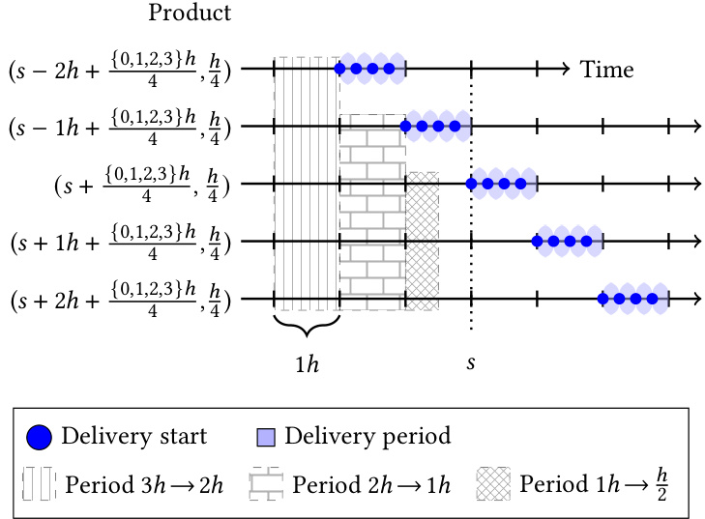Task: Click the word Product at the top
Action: coord(190,14)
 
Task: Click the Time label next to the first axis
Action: coord(606,70)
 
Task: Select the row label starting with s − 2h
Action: coord(119,70)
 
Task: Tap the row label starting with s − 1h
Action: coord(119,127)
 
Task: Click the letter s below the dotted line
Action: coord(471,363)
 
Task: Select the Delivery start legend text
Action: coord(133,436)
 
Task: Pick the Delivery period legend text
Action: coord(367,436)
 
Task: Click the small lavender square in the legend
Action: coord(266,437)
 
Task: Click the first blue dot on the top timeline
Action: coord(339,69)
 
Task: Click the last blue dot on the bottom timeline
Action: coord(652,299)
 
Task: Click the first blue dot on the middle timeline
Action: coord(472,184)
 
